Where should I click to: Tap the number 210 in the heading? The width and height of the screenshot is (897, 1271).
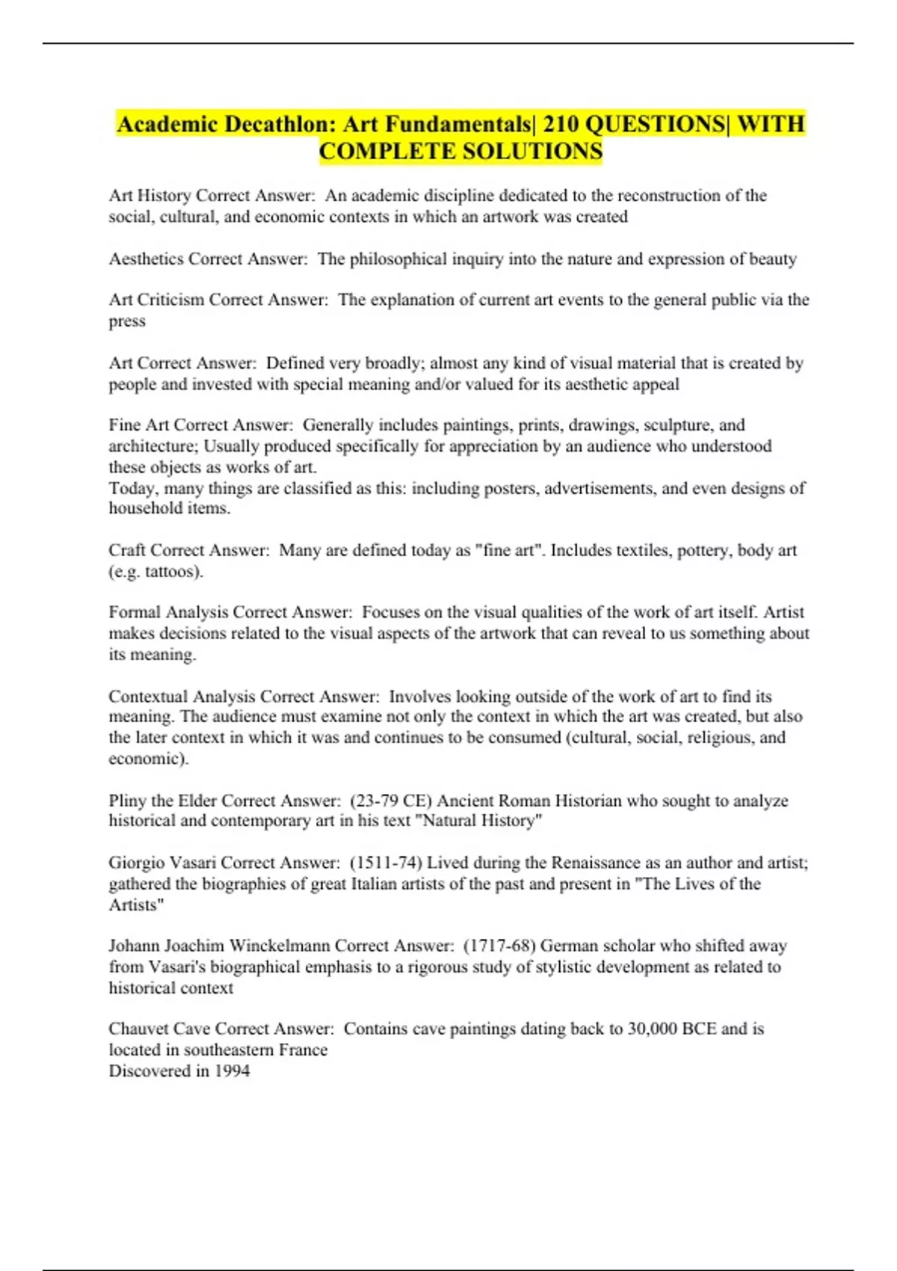560,124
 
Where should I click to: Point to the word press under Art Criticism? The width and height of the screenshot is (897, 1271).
127,321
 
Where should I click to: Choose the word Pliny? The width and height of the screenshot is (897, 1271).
128,801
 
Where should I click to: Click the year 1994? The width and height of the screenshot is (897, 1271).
232,1071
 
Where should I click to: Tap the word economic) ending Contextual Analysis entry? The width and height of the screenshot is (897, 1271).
148,759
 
